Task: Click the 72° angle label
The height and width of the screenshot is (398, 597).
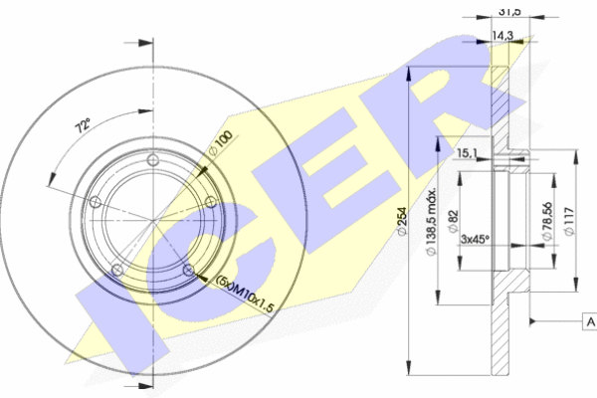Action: coord(84,125)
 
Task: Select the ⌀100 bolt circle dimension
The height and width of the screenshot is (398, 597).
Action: coord(221,143)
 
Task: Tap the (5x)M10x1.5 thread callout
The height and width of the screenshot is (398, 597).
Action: coord(245,294)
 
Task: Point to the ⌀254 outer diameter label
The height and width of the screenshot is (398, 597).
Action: coord(401,221)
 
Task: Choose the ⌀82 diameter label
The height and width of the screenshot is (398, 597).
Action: coord(453,221)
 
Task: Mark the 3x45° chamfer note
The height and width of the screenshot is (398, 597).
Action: coord(475,239)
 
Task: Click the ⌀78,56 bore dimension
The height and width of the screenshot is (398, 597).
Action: coord(547,221)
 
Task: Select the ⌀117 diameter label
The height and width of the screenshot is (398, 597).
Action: coord(570,221)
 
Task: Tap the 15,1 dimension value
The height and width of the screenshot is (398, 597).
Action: coord(467,153)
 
